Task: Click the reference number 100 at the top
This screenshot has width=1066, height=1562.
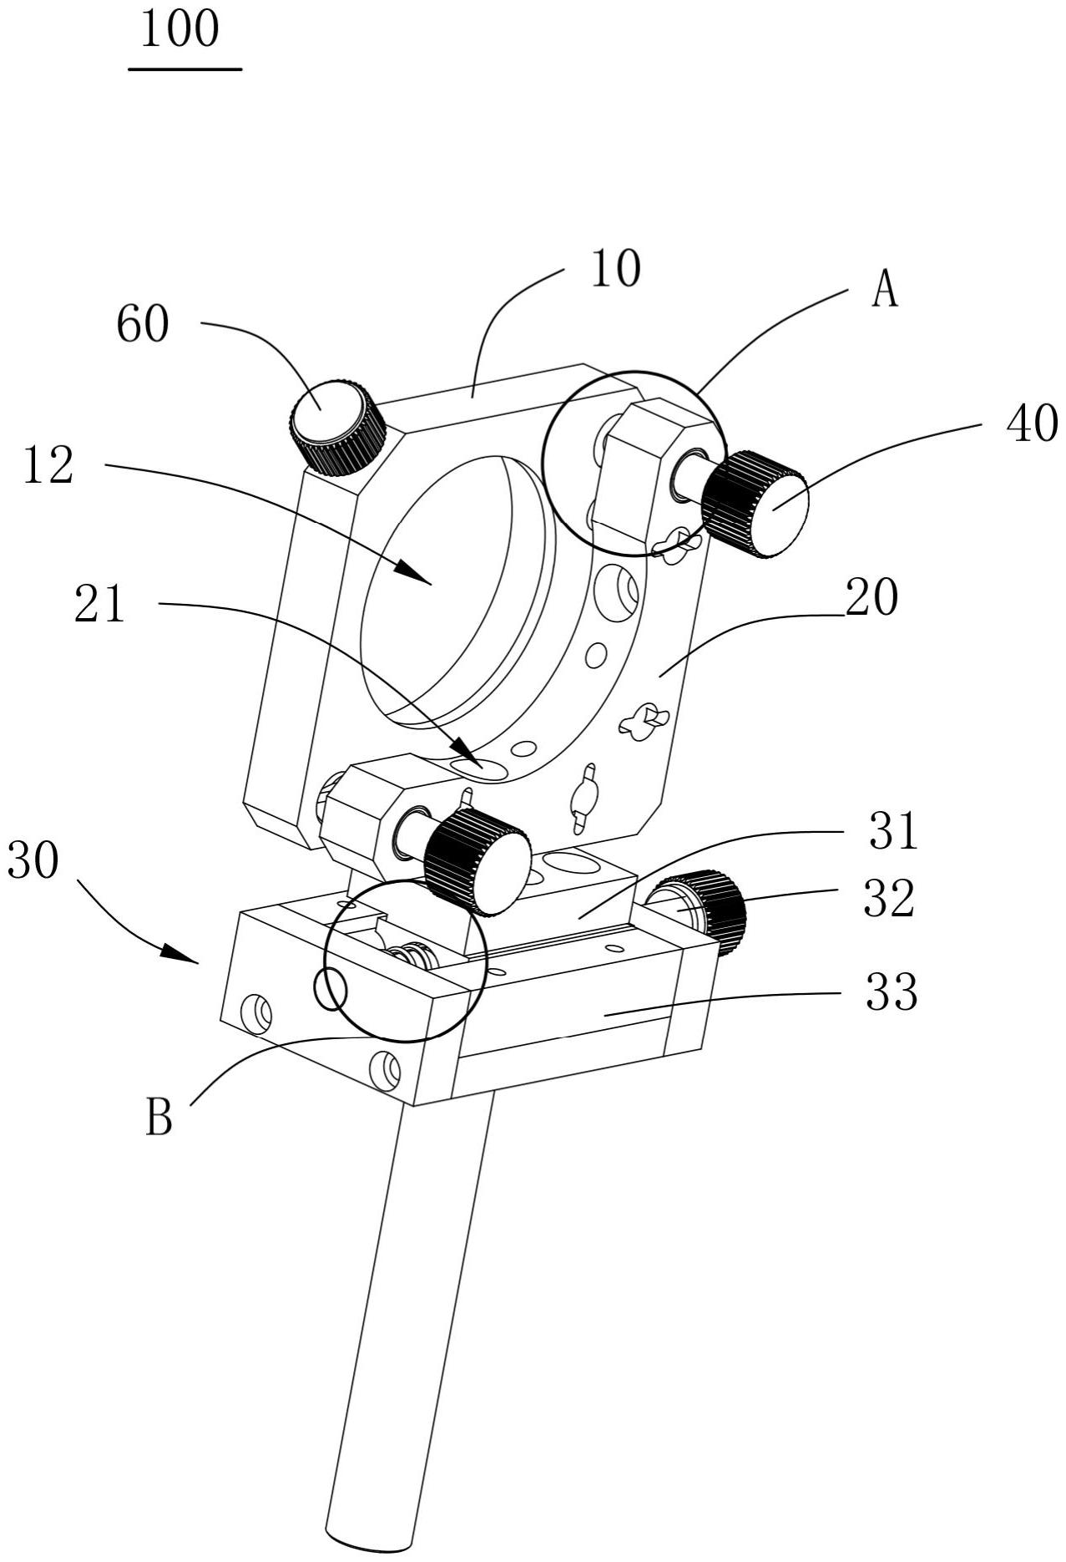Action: [179, 29]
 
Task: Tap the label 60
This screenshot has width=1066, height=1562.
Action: [143, 324]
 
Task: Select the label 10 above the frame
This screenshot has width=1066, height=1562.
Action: [615, 269]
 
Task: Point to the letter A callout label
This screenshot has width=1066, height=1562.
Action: [885, 292]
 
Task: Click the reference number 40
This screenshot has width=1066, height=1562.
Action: [1032, 424]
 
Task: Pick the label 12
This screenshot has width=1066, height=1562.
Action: [48, 466]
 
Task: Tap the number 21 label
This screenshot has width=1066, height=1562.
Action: [100, 604]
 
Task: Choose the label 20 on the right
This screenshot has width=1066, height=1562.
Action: [871, 597]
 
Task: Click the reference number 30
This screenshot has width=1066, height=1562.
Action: [33, 860]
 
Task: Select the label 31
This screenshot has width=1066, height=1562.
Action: [892, 832]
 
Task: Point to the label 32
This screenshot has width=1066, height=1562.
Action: [890, 900]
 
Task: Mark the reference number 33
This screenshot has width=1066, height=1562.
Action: [892, 993]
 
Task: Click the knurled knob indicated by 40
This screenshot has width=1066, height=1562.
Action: [755, 504]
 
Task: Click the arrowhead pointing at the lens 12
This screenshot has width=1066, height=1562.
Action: [413, 575]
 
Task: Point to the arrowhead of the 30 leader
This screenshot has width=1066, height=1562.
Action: [179, 953]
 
